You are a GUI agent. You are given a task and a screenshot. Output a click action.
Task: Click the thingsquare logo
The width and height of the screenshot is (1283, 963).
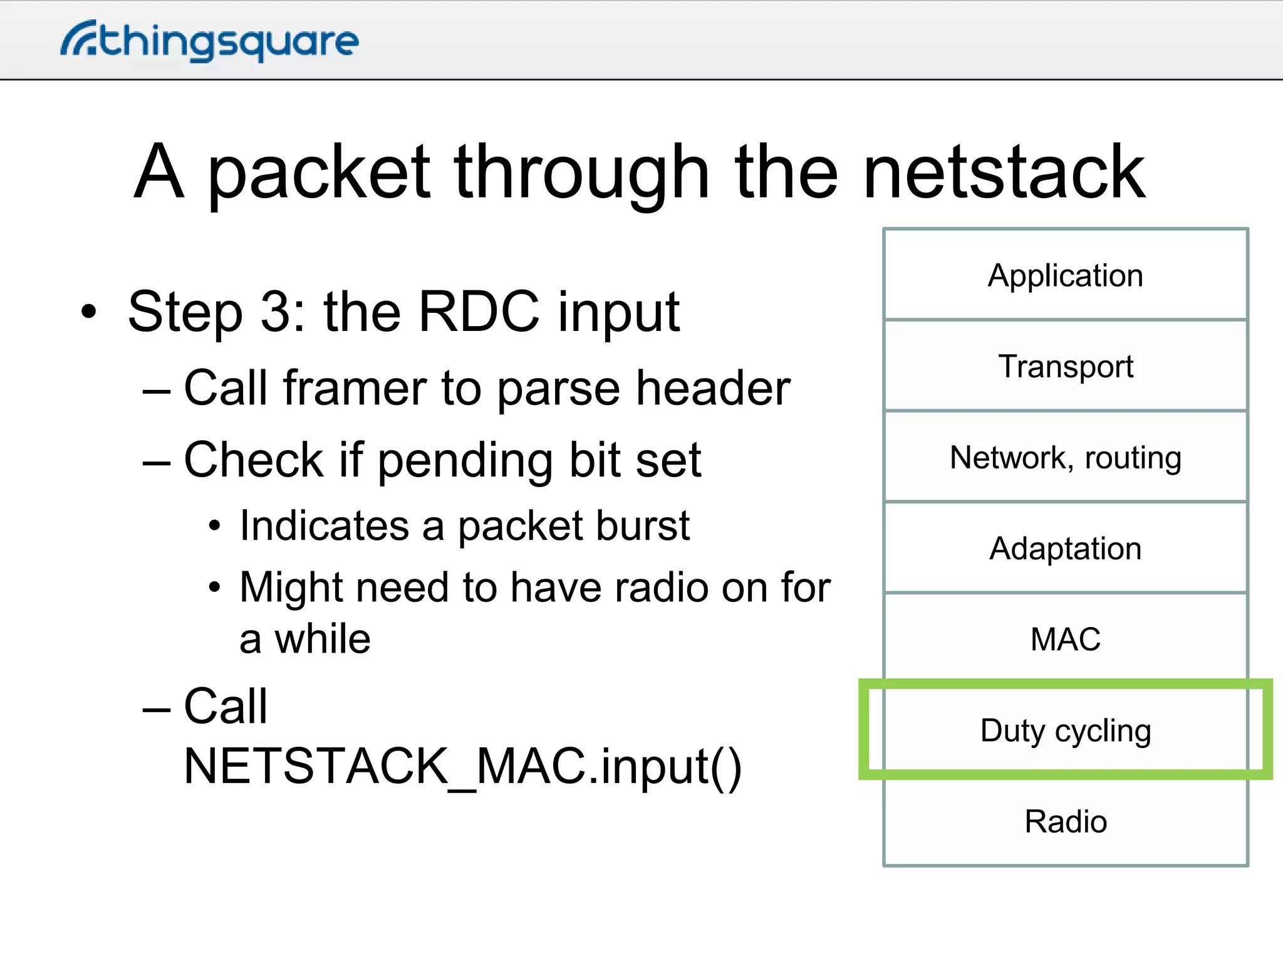click(x=210, y=41)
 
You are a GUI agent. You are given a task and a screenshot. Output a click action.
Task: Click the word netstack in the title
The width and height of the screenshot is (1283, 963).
click(x=1004, y=172)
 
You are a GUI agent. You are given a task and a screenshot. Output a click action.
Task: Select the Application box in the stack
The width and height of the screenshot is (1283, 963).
click(x=1065, y=275)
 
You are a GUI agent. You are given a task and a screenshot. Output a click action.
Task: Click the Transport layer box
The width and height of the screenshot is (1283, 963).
click(x=1065, y=366)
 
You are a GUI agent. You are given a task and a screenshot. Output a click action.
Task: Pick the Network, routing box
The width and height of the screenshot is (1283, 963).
click(x=1065, y=457)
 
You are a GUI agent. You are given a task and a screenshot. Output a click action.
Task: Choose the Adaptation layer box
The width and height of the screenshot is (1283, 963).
click(x=1065, y=548)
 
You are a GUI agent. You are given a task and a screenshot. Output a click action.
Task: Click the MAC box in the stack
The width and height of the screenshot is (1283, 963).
click(x=1065, y=639)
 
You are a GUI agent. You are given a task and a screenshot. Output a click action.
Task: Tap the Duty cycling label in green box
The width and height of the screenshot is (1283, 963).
click(x=1065, y=730)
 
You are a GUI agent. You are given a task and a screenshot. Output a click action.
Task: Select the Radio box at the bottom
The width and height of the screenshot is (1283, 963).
click(x=1065, y=821)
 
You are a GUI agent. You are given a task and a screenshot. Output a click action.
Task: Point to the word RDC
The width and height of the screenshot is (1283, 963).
click(x=478, y=312)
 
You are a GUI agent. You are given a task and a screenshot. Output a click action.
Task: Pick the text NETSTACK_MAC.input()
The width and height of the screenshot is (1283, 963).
click(x=462, y=766)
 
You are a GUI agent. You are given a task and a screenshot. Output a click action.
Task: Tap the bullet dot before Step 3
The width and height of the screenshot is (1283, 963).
click(x=89, y=312)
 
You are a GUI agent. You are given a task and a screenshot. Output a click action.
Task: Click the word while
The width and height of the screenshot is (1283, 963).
click(x=323, y=639)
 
